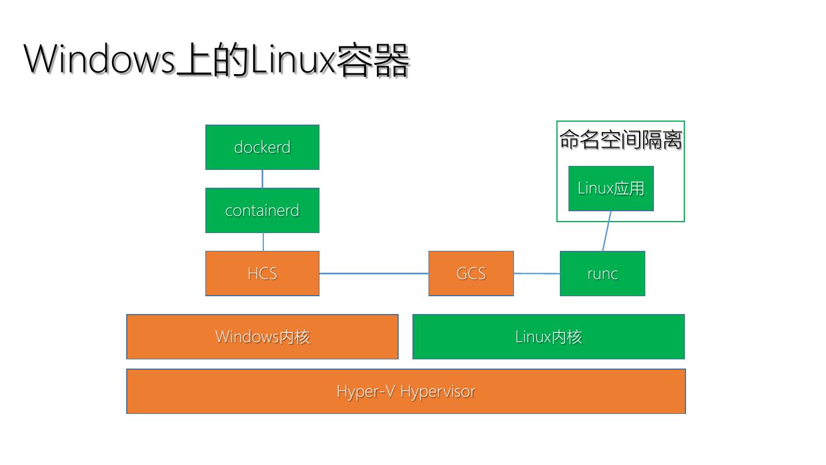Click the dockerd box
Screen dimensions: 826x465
(262, 147)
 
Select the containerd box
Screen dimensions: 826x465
(262, 210)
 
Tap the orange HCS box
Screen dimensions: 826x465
(262, 273)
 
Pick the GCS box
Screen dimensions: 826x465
(471, 273)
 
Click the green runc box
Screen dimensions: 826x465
(602, 273)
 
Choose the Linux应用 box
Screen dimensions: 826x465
(611, 188)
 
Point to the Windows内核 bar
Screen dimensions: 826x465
(262, 336)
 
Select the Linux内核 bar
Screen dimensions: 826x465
(549, 336)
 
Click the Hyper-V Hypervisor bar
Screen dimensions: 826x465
(406, 391)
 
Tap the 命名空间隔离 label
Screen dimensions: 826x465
(621, 140)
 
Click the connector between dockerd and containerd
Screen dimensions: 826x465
(262, 179)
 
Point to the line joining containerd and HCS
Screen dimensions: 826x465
(263, 242)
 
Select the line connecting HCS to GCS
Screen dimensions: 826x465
(374, 273)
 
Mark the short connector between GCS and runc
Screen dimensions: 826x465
(537, 273)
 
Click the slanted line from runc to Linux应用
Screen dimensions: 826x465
(607, 231)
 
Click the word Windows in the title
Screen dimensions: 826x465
(99, 59)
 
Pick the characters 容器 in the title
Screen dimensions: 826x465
(373, 60)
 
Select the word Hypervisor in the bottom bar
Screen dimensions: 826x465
(438, 392)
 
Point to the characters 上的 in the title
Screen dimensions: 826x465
(213, 60)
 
